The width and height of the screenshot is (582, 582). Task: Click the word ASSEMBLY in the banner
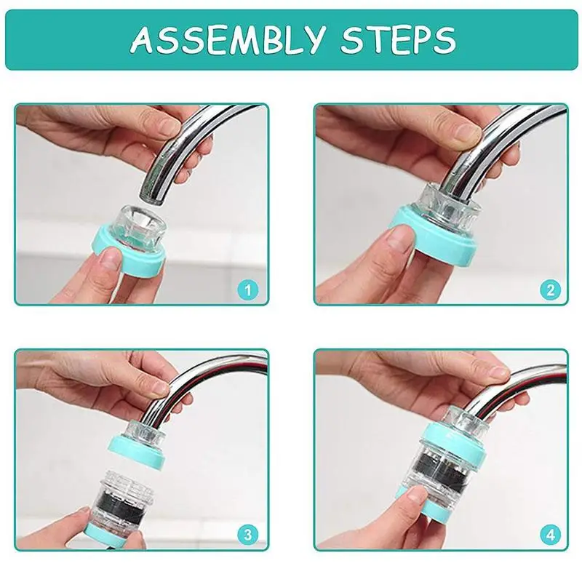coord(227,39)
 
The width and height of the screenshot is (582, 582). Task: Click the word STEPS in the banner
coord(398,39)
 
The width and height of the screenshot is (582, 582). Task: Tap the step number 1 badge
coord(248,289)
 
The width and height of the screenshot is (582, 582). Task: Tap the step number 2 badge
coord(550,289)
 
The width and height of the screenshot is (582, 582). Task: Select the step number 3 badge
coord(248,535)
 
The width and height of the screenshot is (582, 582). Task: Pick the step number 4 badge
coord(550,535)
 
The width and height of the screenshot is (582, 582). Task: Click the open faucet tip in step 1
coord(152,196)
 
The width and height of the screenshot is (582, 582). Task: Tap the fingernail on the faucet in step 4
coord(499,372)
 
